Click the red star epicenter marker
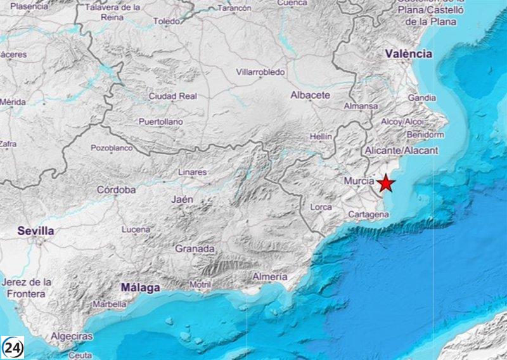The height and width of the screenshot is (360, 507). pyautogui.click(x=386, y=184)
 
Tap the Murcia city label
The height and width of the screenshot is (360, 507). pyautogui.click(x=359, y=181)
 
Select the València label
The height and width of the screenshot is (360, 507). pyautogui.click(x=409, y=54)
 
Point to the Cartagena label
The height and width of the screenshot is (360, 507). pyautogui.click(x=368, y=215)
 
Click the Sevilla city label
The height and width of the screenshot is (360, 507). pyautogui.click(x=35, y=231)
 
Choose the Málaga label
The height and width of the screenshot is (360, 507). pyautogui.click(x=140, y=288)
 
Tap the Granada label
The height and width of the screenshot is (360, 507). pyautogui.click(x=195, y=248)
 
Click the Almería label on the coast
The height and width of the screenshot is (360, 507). pyautogui.click(x=270, y=277)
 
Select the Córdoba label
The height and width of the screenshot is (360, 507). pyautogui.click(x=116, y=190)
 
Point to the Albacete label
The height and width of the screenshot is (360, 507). pyautogui.click(x=310, y=95)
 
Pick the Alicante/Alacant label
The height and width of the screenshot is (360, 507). pyautogui.click(x=402, y=150)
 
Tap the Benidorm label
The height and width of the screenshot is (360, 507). pyautogui.click(x=425, y=135)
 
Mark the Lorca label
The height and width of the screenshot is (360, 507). pyautogui.click(x=322, y=207)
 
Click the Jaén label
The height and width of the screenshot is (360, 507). pyautogui.click(x=182, y=199)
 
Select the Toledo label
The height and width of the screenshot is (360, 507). pyautogui.click(x=167, y=22)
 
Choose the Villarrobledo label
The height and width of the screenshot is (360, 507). pyautogui.click(x=260, y=73)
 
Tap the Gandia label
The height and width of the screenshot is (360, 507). pyautogui.click(x=421, y=98)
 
